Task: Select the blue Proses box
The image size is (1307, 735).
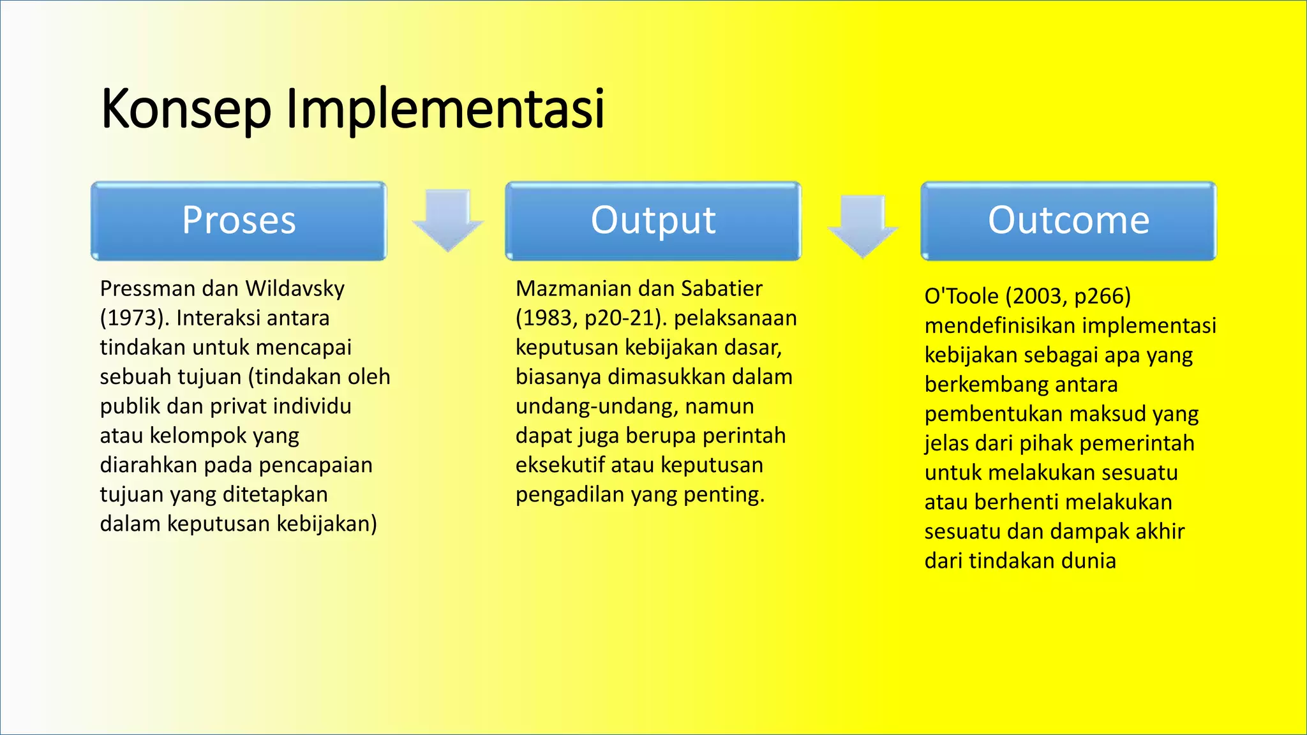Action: [x=239, y=221]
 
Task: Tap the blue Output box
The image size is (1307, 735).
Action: [x=653, y=221]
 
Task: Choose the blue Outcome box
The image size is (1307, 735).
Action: [x=1068, y=221]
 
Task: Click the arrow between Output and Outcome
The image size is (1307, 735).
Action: [x=863, y=225]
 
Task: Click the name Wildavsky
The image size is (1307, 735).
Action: [x=295, y=289]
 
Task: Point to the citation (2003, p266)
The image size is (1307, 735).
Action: [x=1068, y=297]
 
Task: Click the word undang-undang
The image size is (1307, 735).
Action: [x=597, y=406]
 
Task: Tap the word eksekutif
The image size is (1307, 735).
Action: [x=560, y=465]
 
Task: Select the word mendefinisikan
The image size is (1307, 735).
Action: [x=1000, y=326]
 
